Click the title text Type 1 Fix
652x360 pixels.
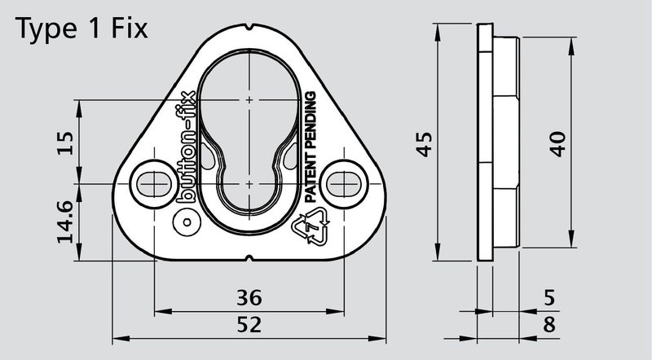(82, 29)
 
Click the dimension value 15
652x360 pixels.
(67, 143)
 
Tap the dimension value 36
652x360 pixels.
(248, 296)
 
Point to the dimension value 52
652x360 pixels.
(248, 324)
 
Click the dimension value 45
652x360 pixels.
(423, 143)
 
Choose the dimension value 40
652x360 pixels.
(557, 143)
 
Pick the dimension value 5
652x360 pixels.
(548, 296)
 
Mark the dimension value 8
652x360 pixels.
(548, 325)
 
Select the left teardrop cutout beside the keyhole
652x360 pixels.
(213, 156)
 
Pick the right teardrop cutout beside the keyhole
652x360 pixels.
(284, 156)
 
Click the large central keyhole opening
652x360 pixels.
(248, 122)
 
